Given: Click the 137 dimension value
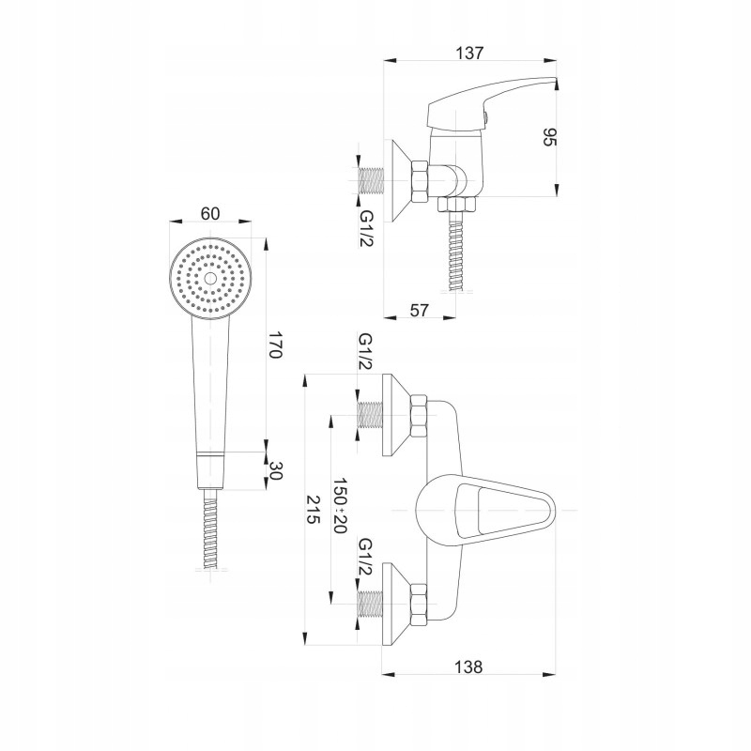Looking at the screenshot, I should [470, 54].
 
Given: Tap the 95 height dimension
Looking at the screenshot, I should [551, 138].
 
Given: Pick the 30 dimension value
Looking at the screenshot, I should [276, 471].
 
